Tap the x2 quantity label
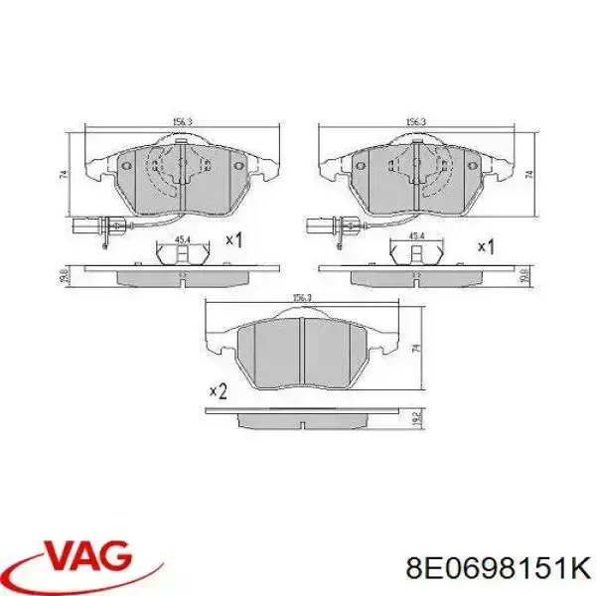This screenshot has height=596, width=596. tap(219, 393)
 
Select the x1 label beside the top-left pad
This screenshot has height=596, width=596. tap(235, 239)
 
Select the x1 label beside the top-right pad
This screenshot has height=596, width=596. tap(487, 245)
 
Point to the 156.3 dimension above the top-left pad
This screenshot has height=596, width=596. tap(181, 123)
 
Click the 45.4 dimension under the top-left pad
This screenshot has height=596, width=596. tap(182, 238)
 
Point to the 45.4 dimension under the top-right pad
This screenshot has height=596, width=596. tap(418, 235)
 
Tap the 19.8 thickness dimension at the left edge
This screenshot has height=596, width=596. tap(63, 274)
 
